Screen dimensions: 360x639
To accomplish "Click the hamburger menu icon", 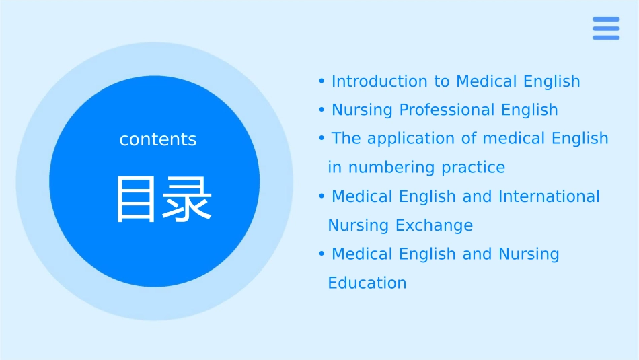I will tap(606, 28).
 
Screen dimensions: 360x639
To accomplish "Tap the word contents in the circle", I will tap(158, 139).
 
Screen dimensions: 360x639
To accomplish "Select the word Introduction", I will tap(380, 81).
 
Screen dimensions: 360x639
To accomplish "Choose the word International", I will tap(549, 196).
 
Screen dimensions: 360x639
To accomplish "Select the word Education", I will tap(367, 283).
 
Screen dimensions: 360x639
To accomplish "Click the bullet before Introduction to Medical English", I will tap(322, 81).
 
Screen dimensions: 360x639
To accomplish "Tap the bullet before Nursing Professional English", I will tap(322, 110).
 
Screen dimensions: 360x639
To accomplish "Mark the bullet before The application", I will tap(322, 138).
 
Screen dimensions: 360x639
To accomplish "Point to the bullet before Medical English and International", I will tap(322, 196).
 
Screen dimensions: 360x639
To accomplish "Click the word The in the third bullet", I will tap(346, 138).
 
